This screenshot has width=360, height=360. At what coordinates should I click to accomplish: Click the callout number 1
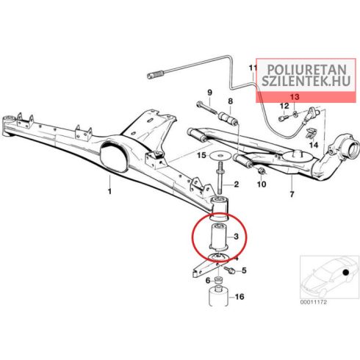pyautogui.click(x=109, y=191)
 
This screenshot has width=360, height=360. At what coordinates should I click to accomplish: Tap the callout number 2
pyautogui.click(x=236, y=184)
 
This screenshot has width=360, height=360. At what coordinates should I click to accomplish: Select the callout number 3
pyautogui.click(x=236, y=237)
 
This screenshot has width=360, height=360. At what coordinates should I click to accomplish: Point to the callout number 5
pyautogui.click(x=244, y=270)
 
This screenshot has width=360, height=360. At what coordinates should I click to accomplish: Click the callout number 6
pyautogui.click(x=208, y=281)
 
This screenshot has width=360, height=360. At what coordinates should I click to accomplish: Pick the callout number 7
pyautogui.click(x=292, y=195)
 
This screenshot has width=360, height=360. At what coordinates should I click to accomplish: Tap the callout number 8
pyautogui.click(x=231, y=101)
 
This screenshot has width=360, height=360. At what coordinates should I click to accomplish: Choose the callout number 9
pyautogui.click(x=209, y=93)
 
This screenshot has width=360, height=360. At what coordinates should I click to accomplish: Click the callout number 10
pyautogui.click(x=262, y=184)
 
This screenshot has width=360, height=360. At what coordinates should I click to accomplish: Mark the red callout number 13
pyautogui.click(x=295, y=97)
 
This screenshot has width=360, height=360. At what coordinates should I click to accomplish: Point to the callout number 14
pyautogui.click(x=314, y=145)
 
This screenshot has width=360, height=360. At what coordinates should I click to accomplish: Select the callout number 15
pyautogui.click(x=201, y=155)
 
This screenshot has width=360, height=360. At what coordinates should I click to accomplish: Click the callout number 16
pyautogui.click(x=240, y=297)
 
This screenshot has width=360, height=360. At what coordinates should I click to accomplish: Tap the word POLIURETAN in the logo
pyautogui.click(x=306, y=70)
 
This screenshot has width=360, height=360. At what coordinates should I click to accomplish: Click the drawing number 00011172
pyautogui.click(x=314, y=303)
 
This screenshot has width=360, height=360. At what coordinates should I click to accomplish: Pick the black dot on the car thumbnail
pyautogui.click(x=345, y=273)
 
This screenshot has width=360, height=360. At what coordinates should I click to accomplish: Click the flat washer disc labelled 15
pyautogui.click(x=220, y=156)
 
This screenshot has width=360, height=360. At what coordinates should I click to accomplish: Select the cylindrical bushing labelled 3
pyautogui.click(x=218, y=237)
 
